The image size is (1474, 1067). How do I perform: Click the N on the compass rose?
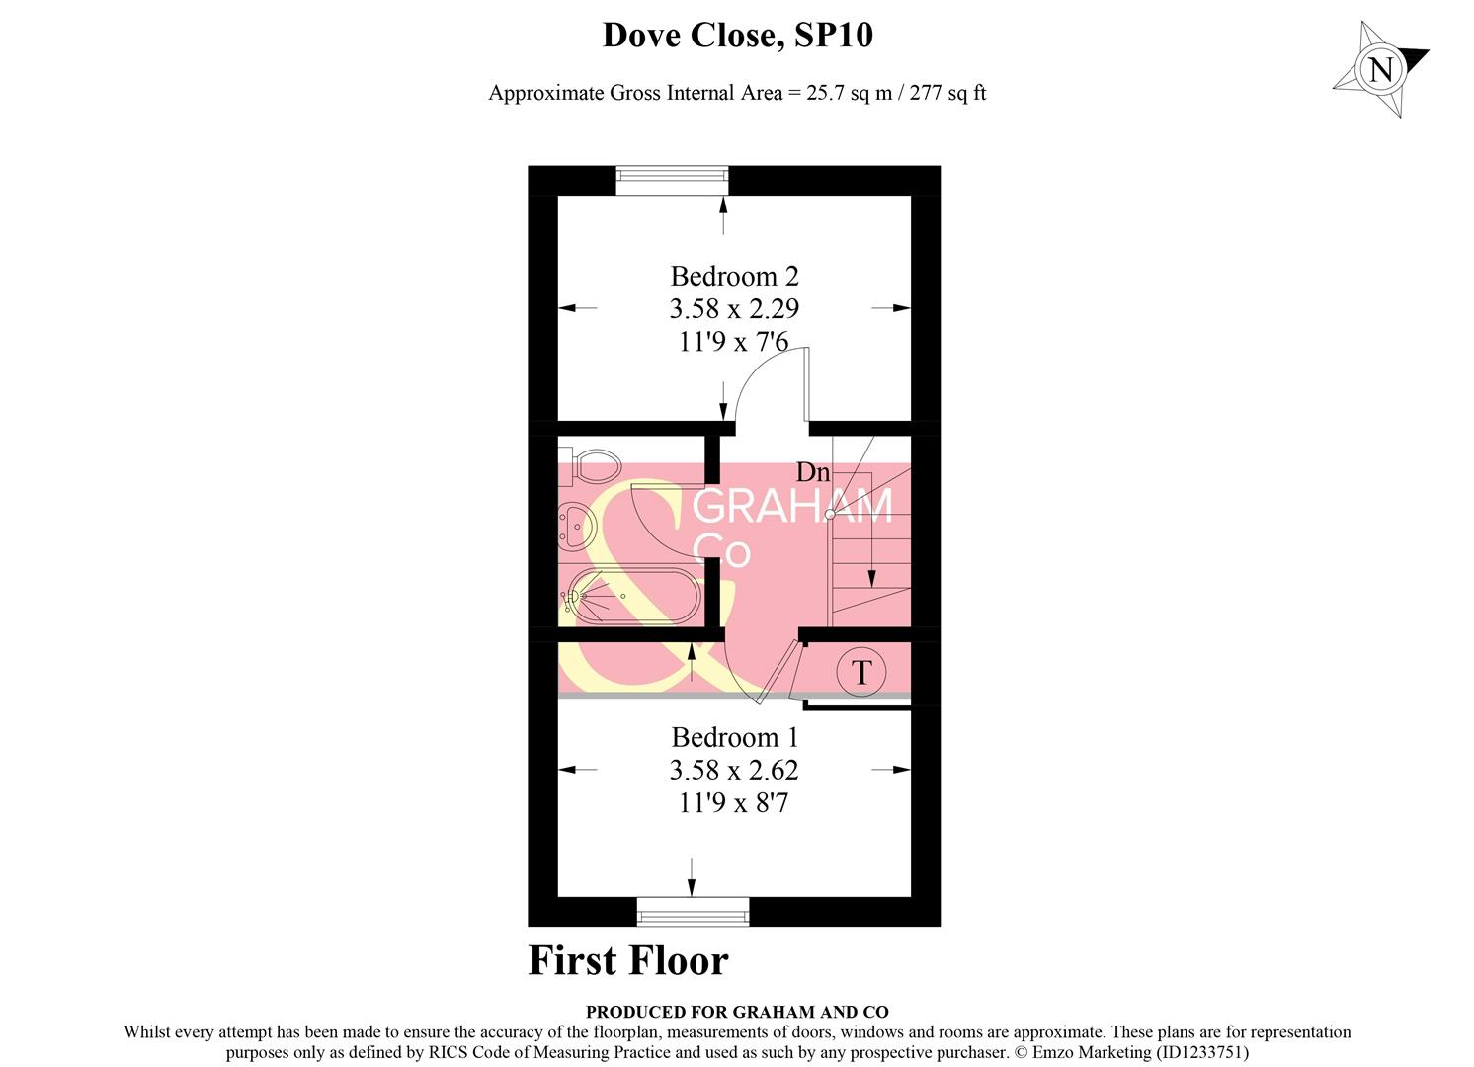click(x=1381, y=70)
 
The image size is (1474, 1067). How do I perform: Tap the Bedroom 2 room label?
click(x=734, y=276)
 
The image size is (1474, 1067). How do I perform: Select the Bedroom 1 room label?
click(x=734, y=737)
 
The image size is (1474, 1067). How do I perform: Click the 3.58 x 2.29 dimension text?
click(x=734, y=309)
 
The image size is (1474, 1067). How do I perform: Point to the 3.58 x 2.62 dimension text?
click(x=734, y=771)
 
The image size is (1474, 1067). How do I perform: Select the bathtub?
click(x=631, y=596)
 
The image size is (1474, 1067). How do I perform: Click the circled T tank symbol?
click(x=860, y=672)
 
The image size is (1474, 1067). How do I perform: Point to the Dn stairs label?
click(x=813, y=472)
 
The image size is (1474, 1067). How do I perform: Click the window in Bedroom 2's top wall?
click(x=672, y=181)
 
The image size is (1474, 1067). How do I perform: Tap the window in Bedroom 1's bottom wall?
click(x=693, y=911)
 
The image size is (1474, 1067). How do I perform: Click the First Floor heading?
click(x=628, y=960)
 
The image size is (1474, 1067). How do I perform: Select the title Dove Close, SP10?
click(x=738, y=36)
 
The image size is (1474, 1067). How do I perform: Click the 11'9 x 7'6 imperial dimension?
click(x=734, y=342)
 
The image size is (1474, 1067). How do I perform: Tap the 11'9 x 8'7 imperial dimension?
click(x=734, y=803)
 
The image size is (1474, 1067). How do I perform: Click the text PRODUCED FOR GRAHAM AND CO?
click(x=737, y=1012)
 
